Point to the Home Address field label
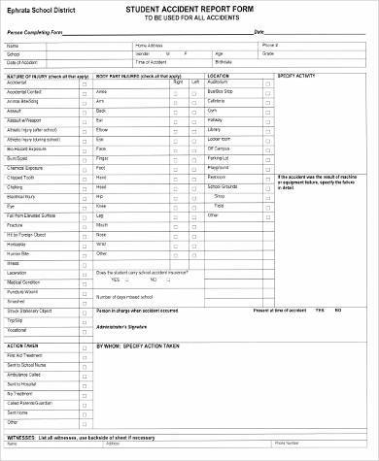[149, 45]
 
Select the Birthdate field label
[250, 62]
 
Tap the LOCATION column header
[218, 75]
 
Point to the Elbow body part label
[102, 129]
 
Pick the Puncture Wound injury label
[23, 290]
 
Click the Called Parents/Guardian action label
[32, 401]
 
